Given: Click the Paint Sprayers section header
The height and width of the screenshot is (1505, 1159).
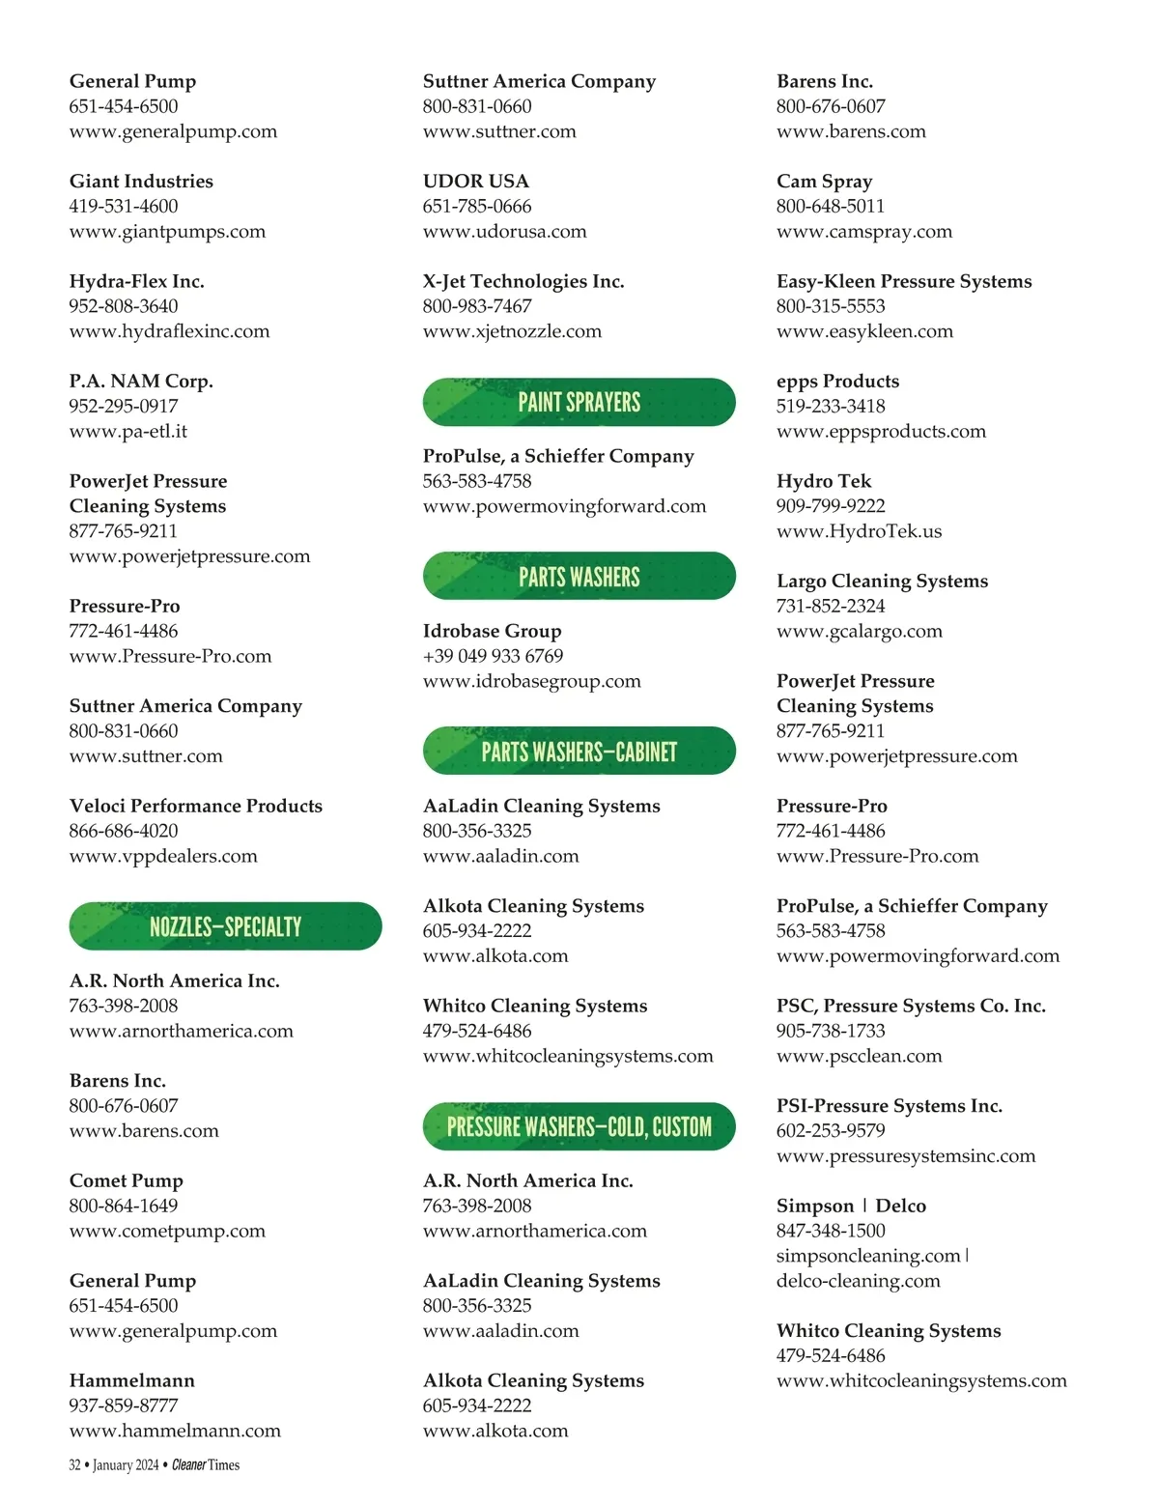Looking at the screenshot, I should tap(579, 402).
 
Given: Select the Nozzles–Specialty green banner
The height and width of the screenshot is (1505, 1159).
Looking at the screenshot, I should tap(225, 926).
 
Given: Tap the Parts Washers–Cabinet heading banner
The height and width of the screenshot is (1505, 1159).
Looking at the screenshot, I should tap(579, 752).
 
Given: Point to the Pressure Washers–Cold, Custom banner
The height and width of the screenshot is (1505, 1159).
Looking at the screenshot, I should tap(579, 1126).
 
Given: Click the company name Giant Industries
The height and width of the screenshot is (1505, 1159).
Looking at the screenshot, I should tap(141, 181).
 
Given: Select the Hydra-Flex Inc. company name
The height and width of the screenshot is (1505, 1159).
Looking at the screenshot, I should tap(136, 281).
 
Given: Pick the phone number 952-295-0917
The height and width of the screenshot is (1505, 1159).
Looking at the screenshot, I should tap(124, 406).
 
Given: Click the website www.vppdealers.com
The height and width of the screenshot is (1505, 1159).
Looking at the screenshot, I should tap(163, 856).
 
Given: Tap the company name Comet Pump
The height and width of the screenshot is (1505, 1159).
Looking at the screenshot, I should tap(126, 1180).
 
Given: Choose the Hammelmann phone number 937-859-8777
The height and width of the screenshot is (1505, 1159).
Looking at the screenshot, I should tap(124, 1406).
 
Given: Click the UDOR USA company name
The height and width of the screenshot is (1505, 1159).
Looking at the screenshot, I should tap(475, 181).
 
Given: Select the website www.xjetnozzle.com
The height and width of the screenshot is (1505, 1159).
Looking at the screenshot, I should tap(512, 331).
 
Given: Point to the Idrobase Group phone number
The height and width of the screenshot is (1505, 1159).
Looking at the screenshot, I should tap(493, 656).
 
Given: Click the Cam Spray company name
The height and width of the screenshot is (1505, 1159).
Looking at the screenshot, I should tap(824, 181).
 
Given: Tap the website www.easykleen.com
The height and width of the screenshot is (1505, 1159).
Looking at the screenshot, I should tap(864, 331).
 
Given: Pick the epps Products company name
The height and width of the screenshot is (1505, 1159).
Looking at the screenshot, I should tap(837, 381).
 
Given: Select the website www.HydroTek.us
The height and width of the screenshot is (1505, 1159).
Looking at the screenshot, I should tap(859, 531).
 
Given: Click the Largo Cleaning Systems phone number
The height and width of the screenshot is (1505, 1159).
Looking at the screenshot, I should tap(831, 606).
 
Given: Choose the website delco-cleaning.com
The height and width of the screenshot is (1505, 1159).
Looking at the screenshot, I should tap(858, 1281).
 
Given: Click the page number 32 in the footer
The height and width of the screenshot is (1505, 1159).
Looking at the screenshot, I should tap(74, 1465).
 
